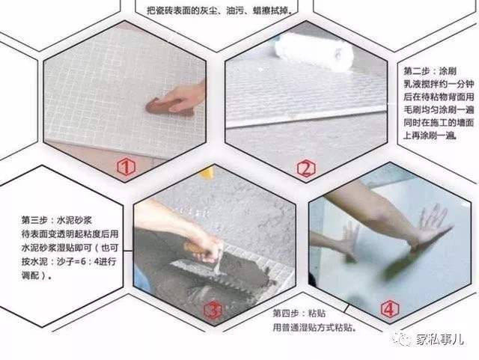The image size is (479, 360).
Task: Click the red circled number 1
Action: (x=125, y=167)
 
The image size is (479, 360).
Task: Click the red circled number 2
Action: (x=305, y=168)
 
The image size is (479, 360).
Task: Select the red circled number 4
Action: (x=389, y=308)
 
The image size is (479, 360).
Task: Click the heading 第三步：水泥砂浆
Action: (x=57, y=221)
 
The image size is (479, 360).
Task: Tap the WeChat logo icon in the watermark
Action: (x=404, y=340)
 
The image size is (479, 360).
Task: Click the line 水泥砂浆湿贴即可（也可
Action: (x=68, y=248)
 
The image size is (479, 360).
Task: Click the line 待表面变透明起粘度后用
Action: (x=68, y=234)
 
